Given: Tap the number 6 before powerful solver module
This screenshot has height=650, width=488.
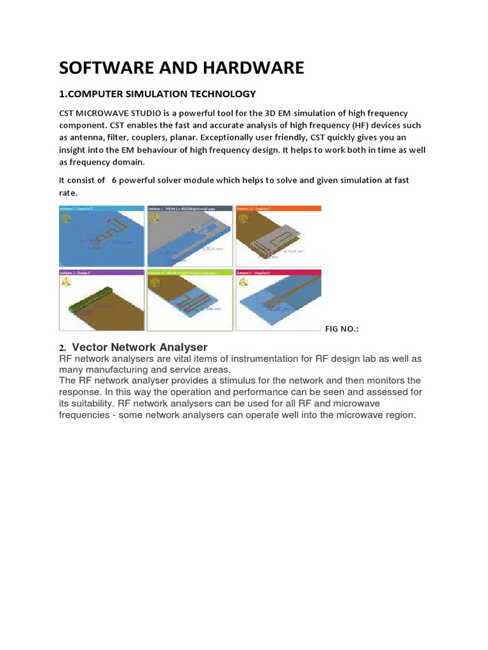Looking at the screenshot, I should (114, 180).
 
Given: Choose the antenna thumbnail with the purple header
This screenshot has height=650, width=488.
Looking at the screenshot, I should (102, 300).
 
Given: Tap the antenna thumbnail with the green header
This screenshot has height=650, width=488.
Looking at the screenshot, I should (189, 300).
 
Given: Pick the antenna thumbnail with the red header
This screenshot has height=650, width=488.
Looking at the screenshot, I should (278, 300).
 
